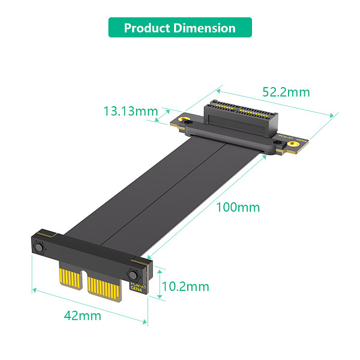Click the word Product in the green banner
[144, 28]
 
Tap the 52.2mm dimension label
[286, 92]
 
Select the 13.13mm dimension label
[130, 111]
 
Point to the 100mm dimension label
[238, 207]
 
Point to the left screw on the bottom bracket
[40, 248]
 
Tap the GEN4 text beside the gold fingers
[136, 287]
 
